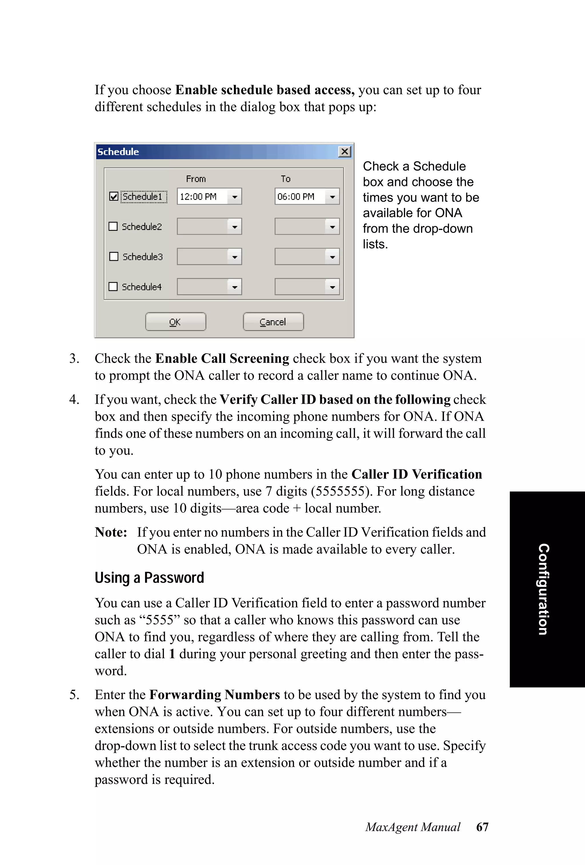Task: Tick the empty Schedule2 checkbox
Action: (x=113, y=226)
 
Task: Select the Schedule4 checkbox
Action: (x=113, y=287)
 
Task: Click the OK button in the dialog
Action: (x=175, y=322)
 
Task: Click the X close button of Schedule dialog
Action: (x=344, y=151)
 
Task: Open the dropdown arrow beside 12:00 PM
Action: (x=235, y=197)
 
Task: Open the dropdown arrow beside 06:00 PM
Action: (x=332, y=197)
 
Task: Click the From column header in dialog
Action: (x=196, y=179)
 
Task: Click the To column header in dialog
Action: (x=285, y=179)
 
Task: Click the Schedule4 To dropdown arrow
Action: (x=332, y=287)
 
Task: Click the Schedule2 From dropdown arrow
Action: (x=235, y=227)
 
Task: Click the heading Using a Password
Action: (x=149, y=578)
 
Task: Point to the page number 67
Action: (x=482, y=827)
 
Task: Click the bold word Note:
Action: (x=111, y=532)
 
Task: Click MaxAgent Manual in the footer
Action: (x=413, y=827)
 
